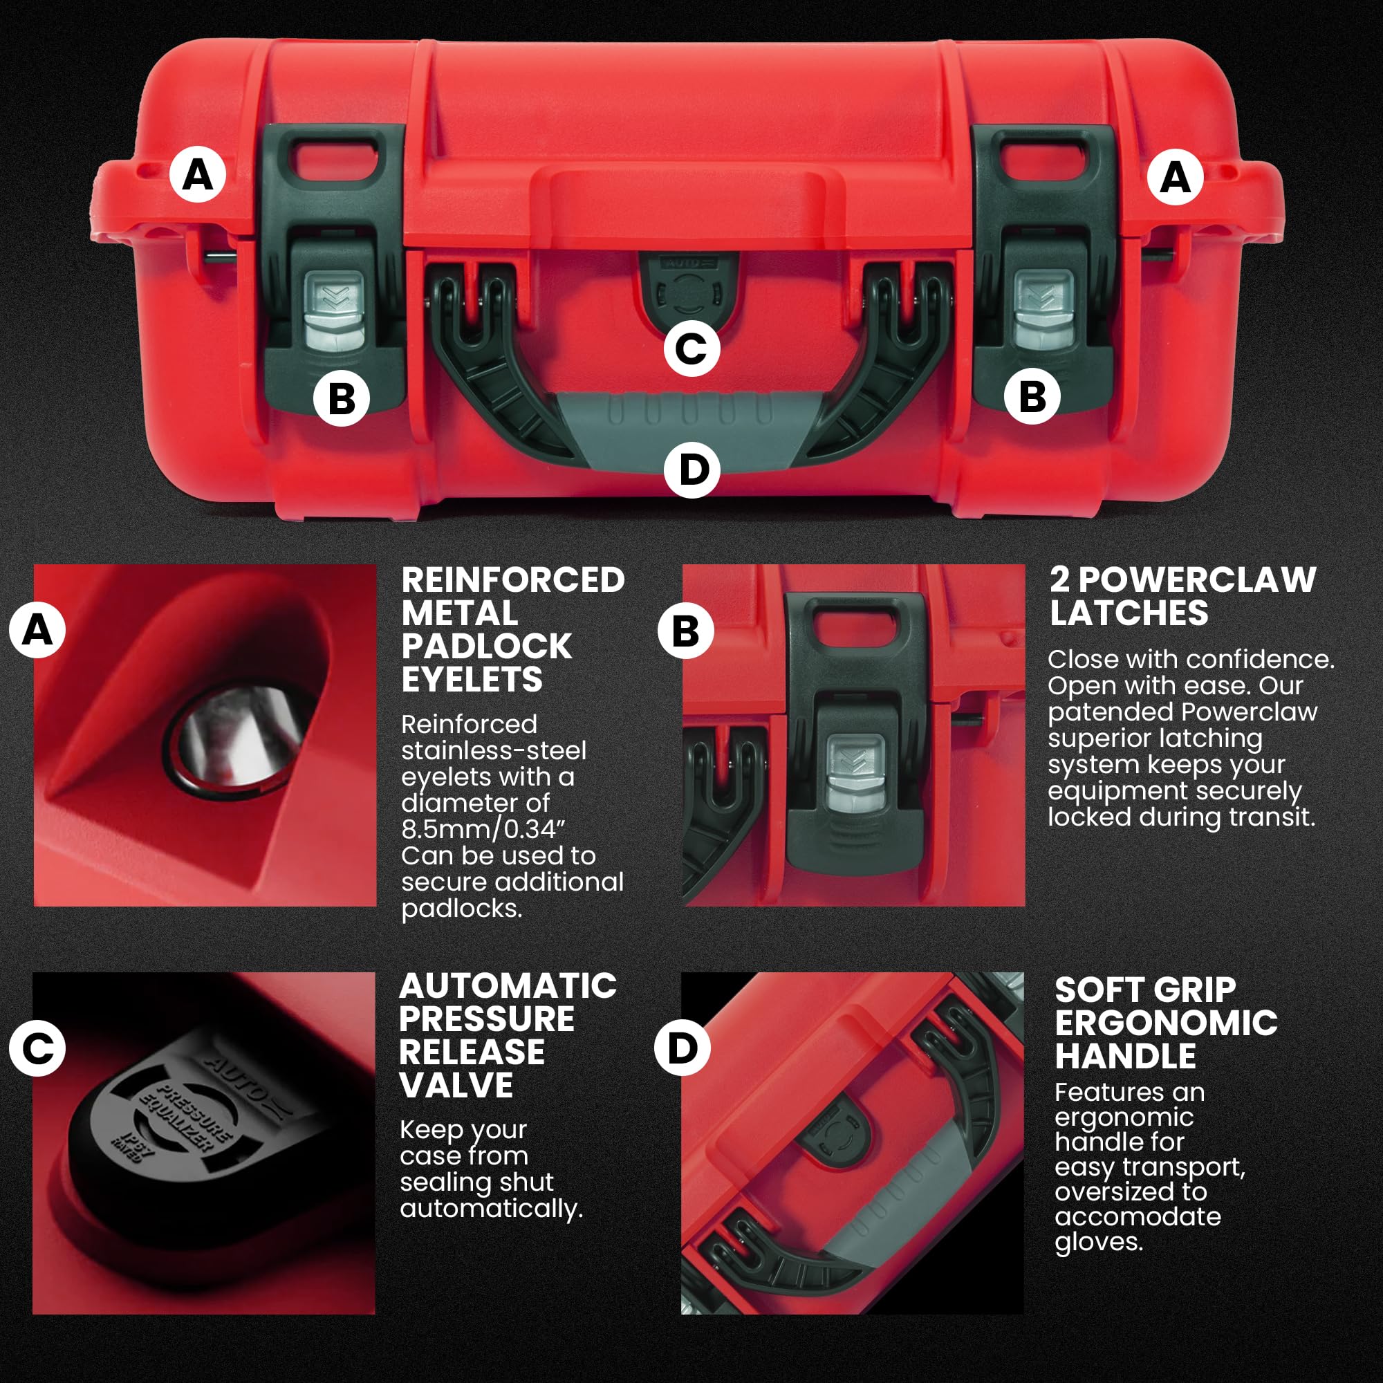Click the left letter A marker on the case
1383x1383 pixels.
click(198, 174)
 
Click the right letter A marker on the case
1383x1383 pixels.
click(1175, 176)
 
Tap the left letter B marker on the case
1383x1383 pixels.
click(342, 398)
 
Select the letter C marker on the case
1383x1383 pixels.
click(691, 349)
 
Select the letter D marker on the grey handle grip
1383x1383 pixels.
click(691, 470)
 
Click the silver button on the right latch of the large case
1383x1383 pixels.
click(1044, 310)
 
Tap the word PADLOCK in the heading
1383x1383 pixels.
click(487, 647)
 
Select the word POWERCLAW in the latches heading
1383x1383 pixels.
click(1197, 580)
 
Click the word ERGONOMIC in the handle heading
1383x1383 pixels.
click(1166, 1023)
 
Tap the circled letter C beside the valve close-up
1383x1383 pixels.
click(37, 1049)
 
